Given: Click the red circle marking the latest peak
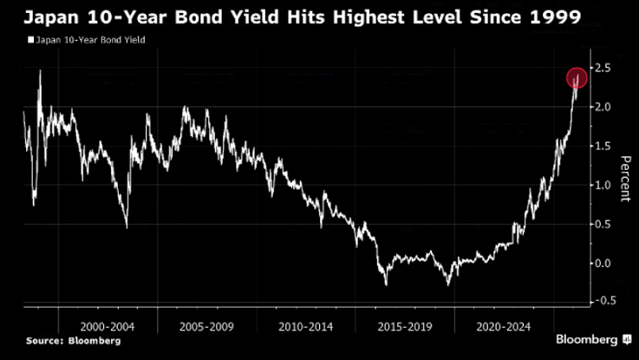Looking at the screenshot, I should point(577,77).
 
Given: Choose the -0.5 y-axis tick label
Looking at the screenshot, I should point(603,302).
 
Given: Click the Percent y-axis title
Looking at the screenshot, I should point(624,178).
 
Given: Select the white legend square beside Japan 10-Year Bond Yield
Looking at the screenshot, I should point(31,40).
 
